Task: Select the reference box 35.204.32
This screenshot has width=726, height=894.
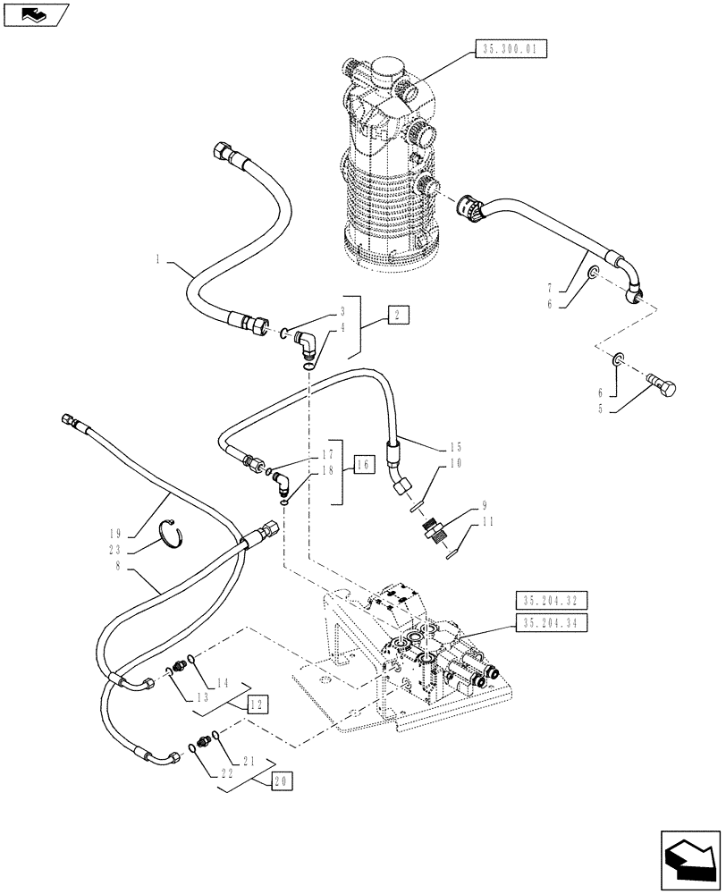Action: coord(551,600)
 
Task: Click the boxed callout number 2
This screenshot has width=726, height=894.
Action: coord(398,314)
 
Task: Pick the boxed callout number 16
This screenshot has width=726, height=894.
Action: coord(362,465)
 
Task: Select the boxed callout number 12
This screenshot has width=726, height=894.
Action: coord(257,704)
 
